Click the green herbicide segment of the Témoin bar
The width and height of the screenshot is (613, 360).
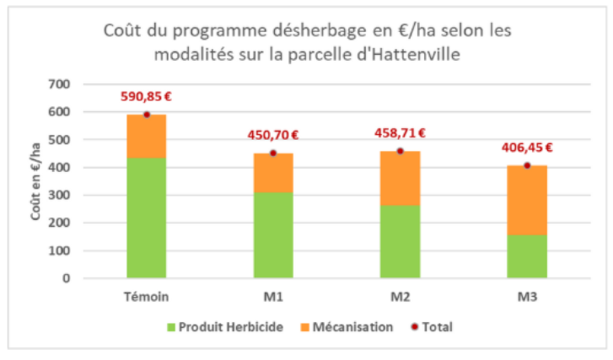click(x=146, y=218)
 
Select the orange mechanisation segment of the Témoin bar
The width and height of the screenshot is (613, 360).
click(x=146, y=137)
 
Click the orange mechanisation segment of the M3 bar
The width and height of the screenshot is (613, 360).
click(x=526, y=200)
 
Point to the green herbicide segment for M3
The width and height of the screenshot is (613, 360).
click(x=526, y=256)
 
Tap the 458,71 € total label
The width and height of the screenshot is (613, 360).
click(x=400, y=133)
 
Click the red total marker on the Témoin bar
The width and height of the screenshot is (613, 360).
click(x=146, y=115)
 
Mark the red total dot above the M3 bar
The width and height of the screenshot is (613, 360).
click(x=526, y=165)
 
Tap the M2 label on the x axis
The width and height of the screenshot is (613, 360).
click(x=400, y=297)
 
